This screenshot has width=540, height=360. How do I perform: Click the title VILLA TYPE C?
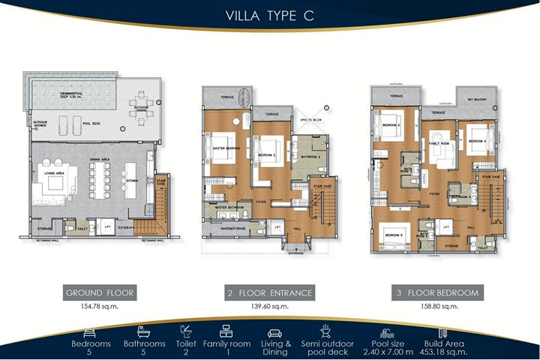point(269,16)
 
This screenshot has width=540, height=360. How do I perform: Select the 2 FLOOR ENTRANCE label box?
point(269,292)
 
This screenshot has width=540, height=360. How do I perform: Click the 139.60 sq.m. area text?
point(269,307)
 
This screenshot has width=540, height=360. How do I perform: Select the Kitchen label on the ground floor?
point(131,181)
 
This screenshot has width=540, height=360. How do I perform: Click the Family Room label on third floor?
point(438,142)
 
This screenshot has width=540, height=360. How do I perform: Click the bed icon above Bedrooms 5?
point(91,330)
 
